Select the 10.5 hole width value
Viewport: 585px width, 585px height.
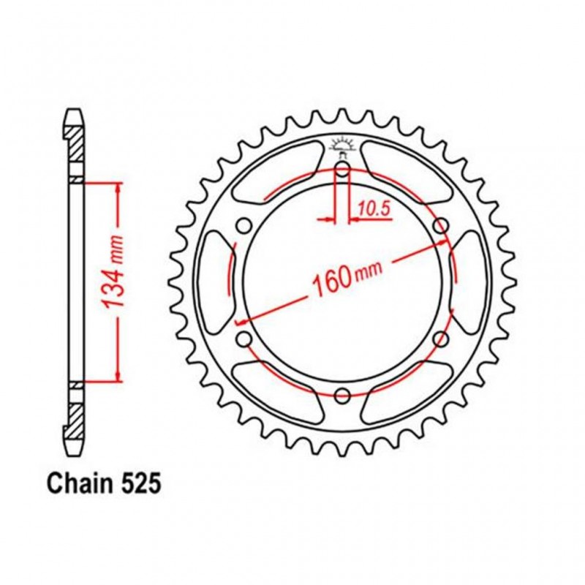pos(374,209)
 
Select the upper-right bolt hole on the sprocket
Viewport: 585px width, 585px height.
pos(440,226)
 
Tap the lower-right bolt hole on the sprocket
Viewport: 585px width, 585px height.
pos(440,339)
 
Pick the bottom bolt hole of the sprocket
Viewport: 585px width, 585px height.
pos(342,396)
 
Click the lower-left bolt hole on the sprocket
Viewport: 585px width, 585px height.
pos(244,339)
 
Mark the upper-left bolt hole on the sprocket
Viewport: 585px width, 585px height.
pos(244,226)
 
